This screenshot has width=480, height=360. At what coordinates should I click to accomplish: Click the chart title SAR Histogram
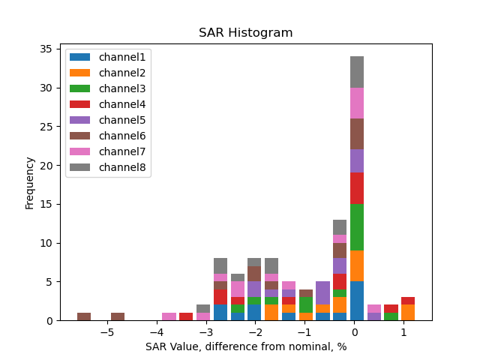(x=245, y=33)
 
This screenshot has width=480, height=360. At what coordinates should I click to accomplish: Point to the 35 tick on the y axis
(x=45, y=49)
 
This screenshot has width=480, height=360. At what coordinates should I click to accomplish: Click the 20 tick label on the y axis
(x=45, y=166)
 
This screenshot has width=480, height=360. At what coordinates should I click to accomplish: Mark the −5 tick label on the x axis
(x=107, y=332)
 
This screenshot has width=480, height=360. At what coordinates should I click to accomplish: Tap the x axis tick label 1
(x=403, y=332)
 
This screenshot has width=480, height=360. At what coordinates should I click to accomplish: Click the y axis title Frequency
(x=30, y=182)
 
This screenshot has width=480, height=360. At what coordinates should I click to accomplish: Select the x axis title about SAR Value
(x=245, y=347)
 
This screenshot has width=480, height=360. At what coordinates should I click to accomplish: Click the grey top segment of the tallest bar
(x=357, y=72)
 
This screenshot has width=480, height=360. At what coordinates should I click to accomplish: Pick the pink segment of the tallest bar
(x=357, y=103)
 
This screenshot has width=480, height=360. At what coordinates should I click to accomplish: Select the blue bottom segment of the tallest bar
(x=357, y=301)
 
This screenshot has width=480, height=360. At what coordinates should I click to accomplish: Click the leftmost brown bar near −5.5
(x=84, y=316)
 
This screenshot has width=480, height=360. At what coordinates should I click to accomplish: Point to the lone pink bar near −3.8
(x=169, y=316)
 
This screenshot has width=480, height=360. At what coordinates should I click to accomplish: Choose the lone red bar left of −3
(x=186, y=316)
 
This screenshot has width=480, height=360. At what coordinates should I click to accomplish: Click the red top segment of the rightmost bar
(x=407, y=301)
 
